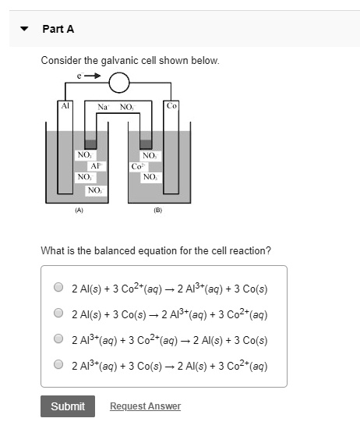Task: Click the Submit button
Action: pyautogui.click(x=68, y=406)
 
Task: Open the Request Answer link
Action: pyautogui.click(x=145, y=406)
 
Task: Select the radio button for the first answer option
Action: pyautogui.click(x=58, y=287)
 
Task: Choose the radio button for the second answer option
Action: pyautogui.click(x=58, y=313)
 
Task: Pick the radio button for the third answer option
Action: pyautogui.click(x=58, y=338)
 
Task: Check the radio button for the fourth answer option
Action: pyautogui.click(x=58, y=363)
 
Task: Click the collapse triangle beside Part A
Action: pyautogui.click(x=25, y=30)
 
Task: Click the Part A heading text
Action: pyautogui.click(x=58, y=29)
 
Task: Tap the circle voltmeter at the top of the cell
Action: pyautogui.click(x=119, y=83)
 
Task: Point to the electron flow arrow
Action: pyautogui.click(x=90, y=76)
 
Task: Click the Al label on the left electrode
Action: pyautogui.click(x=65, y=105)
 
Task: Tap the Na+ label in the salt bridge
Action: pyautogui.click(x=102, y=106)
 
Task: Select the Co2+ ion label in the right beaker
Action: pyautogui.click(x=138, y=166)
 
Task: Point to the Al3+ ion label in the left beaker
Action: pyautogui.click(x=96, y=166)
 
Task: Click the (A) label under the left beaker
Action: pyautogui.click(x=79, y=210)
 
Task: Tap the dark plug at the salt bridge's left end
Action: pyautogui.click(x=90, y=144)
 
